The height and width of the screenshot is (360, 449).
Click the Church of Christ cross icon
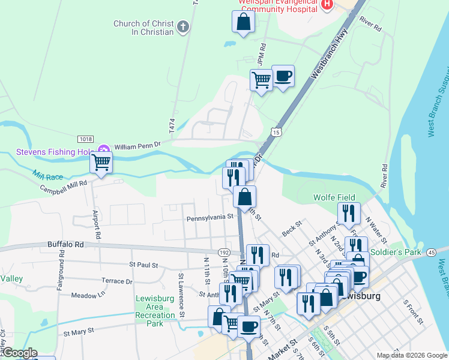(x=183, y=26)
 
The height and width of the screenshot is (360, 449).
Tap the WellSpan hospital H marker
(x=327, y=5)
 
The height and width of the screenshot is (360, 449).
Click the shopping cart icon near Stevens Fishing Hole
(x=101, y=161)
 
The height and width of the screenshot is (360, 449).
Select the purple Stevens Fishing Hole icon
(x=103, y=149)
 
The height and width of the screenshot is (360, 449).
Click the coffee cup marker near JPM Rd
(x=283, y=76)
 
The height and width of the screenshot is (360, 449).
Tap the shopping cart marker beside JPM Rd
(x=261, y=79)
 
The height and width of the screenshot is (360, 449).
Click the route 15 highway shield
(x=276, y=131)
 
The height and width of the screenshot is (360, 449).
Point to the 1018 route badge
(x=85, y=139)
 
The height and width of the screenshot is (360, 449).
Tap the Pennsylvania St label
(x=209, y=218)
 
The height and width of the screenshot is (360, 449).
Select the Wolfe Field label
(x=334, y=197)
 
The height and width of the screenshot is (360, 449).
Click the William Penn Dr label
(x=138, y=145)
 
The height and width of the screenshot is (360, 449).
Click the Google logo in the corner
(x=19, y=353)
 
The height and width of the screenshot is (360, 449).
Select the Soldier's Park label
(x=396, y=253)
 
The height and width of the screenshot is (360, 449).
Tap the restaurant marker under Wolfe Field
(x=348, y=212)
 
